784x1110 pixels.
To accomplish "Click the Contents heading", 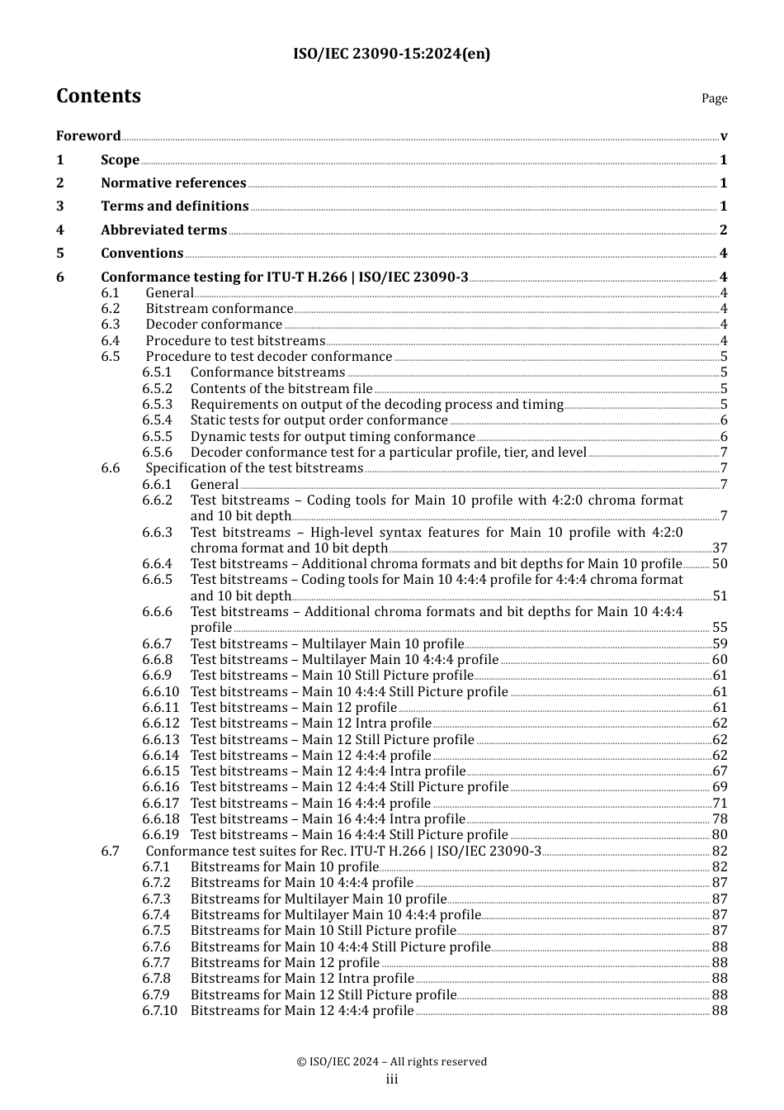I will (x=98, y=96).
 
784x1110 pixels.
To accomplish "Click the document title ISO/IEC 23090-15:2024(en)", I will (x=391, y=55).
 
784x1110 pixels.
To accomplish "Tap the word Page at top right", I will (x=714, y=98).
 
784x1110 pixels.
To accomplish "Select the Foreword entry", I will (x=88, y=136).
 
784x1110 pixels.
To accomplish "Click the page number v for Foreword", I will (x=724, y=136).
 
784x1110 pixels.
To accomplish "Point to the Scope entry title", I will (x=120, y=160).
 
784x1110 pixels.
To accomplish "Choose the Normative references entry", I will (x=173, y=183).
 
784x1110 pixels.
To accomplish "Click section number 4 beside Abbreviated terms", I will (x=60, y=230).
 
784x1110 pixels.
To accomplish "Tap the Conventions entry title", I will (x=142, y=254).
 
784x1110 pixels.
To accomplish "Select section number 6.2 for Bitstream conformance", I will (x=111, y=309).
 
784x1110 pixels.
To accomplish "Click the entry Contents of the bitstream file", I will (x=281, y=388).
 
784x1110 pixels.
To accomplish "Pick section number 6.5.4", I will (x=157, y=420).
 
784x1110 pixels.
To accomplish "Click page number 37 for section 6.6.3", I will (x=720, y=548).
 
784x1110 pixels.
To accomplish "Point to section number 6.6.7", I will (x=157, y=644).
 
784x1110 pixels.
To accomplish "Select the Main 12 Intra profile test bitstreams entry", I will (x=311, y=723).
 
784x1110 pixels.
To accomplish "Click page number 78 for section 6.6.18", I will (x=720, y=819).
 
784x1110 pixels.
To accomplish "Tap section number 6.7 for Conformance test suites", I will (x=111, y=851).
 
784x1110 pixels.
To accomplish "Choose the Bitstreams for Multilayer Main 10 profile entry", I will (x=319, y=899).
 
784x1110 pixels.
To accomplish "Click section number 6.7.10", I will (x=159, y=1011).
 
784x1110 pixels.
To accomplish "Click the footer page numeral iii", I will (x=392, y=1079).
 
